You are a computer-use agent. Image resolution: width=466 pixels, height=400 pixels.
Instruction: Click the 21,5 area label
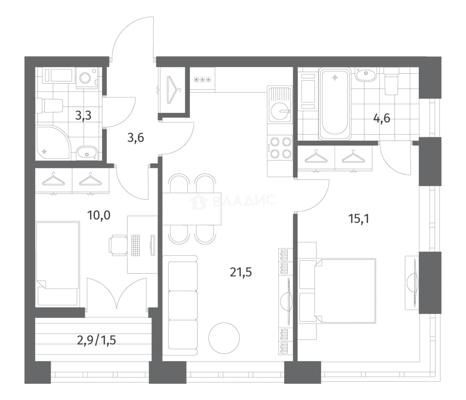(x=241, y=272)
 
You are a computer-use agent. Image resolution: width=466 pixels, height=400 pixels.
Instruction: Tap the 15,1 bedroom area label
(x=359, y=219)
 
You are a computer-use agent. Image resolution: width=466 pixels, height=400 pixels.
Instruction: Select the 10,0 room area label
(x=99, y=215)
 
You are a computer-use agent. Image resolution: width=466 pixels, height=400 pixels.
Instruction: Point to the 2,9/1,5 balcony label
(x=97, y=340)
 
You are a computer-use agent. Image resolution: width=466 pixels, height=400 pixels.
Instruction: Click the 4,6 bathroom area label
(x=382, y=118)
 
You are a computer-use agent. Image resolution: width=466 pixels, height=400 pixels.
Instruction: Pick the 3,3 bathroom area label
(x=83, y=116)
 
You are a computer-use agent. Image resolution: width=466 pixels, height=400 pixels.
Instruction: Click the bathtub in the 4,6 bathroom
(x=335, y=104)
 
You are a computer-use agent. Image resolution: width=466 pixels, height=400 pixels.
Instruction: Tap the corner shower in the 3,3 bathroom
(x=54, y=143)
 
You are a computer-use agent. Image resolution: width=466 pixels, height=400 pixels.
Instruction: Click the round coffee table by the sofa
(x=224, y=338)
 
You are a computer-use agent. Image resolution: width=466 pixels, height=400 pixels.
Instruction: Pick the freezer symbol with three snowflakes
(x=203, y=80)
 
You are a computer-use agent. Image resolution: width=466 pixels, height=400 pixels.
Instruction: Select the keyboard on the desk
(x=135, y=245)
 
